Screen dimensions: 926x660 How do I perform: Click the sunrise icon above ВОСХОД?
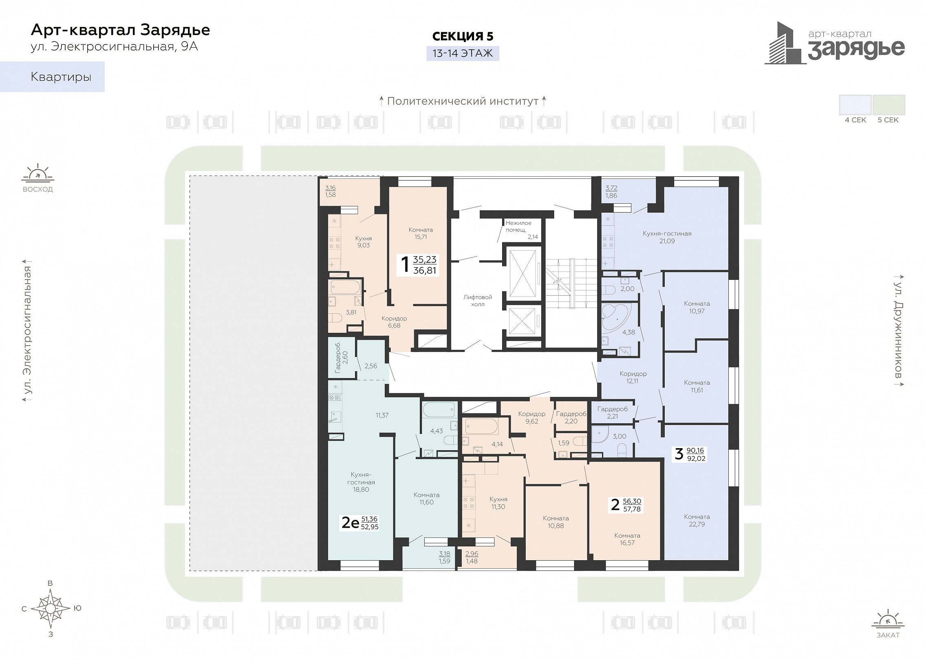tap(38, 173)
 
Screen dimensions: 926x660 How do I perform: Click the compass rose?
tap(51, 608)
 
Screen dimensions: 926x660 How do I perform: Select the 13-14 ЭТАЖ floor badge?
tap(463, 53)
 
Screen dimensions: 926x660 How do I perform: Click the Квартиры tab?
tap(52, 77)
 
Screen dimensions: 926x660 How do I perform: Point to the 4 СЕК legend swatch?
tap(855, 105)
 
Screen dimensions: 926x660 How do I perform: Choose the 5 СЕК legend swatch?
tap(889, 105)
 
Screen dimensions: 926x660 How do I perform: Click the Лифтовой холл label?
tap(478, 301)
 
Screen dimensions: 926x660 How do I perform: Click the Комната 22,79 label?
tap(697, 520)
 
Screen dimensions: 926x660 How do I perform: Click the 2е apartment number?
tap(350, 522)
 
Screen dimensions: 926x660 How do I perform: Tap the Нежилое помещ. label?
tap(518, 226)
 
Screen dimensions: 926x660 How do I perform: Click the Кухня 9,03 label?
tap(364, 242)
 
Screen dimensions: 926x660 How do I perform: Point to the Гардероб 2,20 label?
tap(571, 418)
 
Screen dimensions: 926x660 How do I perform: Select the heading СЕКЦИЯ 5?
tap(463, 36)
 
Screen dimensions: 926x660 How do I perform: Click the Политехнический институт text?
tap(463, 101)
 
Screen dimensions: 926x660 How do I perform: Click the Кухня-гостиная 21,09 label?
tap(667, 237)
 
